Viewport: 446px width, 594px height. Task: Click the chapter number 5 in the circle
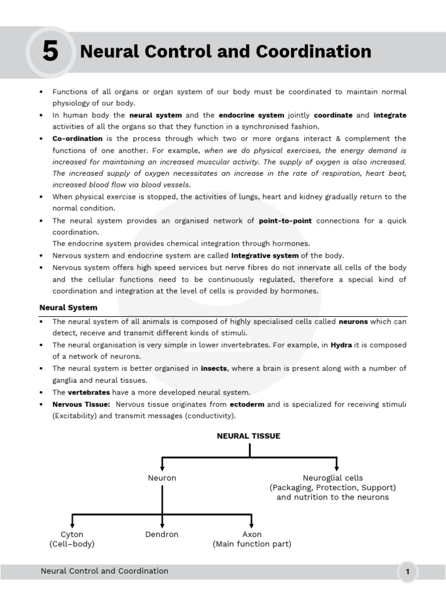point(51,52)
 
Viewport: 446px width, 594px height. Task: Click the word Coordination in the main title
point(313,52)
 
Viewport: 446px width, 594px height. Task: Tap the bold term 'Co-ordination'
point(77,139)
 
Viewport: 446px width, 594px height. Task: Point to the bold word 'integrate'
point(390,115)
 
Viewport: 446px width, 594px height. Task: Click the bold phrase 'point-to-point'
point(285,221)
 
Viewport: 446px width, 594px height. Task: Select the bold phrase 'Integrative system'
point(265,256)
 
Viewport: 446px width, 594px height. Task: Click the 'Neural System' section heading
point(69,307)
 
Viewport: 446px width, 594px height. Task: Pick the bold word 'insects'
point(214,368)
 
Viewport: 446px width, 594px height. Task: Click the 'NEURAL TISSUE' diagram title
point(249,436)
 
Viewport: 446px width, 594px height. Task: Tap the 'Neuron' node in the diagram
point(162,478)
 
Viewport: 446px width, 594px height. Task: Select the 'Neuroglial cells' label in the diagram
point(332,478)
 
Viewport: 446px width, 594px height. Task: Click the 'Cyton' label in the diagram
point(72,534)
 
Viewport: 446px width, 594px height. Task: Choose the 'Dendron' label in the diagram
point(162,534)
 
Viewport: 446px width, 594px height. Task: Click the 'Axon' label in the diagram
point(252,534)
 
